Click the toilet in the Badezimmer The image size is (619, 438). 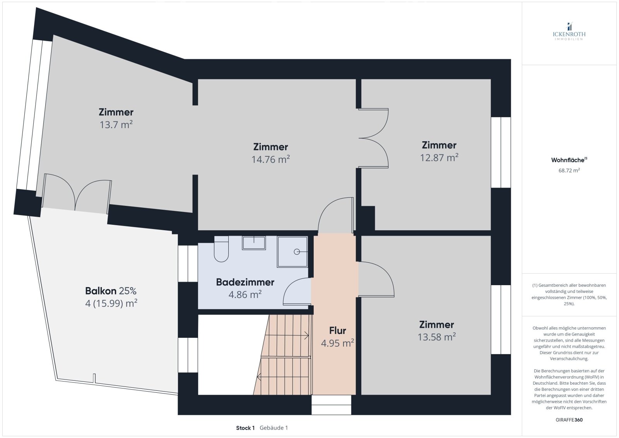(221, 250)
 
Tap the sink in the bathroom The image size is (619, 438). (254, 243)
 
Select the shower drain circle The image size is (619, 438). (297, 252)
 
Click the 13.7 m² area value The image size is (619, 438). (116, 125)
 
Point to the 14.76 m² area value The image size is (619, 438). (270, 159)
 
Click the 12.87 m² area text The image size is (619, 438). (439, 157)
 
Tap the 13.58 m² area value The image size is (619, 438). (436, 337)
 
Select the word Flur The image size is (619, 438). (337, 330)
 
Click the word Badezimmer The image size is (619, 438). (245, 282)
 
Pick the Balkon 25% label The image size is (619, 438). (111, 291)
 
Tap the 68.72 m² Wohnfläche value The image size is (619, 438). (569, 170)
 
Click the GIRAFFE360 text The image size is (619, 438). (569, 420)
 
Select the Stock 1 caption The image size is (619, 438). (245, 428)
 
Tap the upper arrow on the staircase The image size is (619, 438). (306, 335)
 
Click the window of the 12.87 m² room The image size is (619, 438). (501, 152)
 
